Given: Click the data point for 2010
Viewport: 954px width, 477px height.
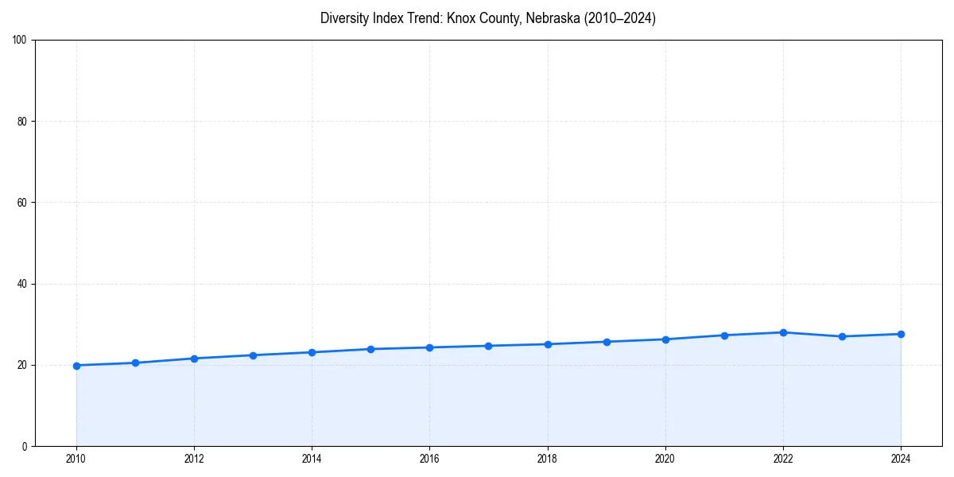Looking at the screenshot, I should point(76,366).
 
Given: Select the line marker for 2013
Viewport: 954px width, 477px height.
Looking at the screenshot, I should point(253,355).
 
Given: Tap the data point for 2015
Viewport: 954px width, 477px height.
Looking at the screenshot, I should point(370,349).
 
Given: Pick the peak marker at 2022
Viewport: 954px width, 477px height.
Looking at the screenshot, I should point(783,332).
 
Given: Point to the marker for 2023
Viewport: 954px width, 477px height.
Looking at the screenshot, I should point(842,336).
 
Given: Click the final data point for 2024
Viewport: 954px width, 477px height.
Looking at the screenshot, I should point(901,334).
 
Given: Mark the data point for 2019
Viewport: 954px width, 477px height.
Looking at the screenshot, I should point(607,342).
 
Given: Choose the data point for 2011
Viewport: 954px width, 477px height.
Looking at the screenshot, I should point(135,363).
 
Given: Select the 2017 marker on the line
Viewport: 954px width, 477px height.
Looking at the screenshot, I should point(488,346).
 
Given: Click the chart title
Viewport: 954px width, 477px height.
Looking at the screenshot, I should point(487,18).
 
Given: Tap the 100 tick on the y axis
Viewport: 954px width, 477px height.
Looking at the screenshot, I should point(21,40).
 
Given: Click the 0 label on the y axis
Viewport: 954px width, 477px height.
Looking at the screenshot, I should point(25,446).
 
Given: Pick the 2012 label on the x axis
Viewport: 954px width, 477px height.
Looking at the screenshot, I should point(194,459).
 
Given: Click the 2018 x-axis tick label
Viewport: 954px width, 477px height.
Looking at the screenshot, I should point(547,459).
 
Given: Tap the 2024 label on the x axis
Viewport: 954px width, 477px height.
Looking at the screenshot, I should point(901,459).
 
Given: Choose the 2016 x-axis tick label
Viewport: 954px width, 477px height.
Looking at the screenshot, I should point(429,459).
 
